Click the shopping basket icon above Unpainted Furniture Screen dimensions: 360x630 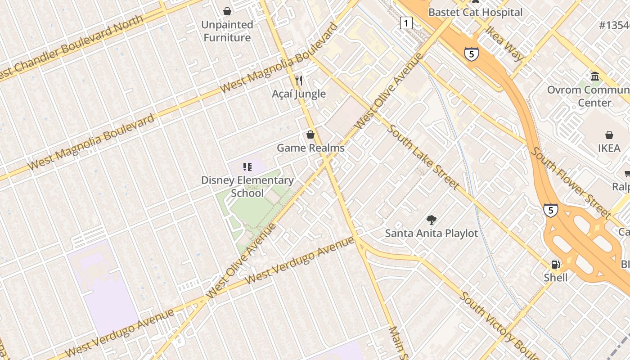(227, 11)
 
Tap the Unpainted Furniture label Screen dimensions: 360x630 (227, 31)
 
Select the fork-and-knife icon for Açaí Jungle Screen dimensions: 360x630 (299, 81)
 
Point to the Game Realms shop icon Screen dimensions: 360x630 (310, 135)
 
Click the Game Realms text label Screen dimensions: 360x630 (310, 148)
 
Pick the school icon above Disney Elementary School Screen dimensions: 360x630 (247, 167)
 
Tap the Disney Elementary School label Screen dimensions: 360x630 (247, 186)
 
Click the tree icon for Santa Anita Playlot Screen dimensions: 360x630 (432, 220)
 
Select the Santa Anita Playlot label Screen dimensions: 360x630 (432, 233)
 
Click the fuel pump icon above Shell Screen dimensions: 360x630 (556, 265)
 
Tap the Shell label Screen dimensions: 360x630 (556, 277)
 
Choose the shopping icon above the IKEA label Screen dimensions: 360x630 (609, 135)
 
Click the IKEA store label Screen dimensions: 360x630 (609, 148)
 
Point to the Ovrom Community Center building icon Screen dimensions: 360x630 (595, 76)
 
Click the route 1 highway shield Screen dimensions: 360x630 (406, 23)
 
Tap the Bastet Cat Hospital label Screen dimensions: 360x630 (475, 12)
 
